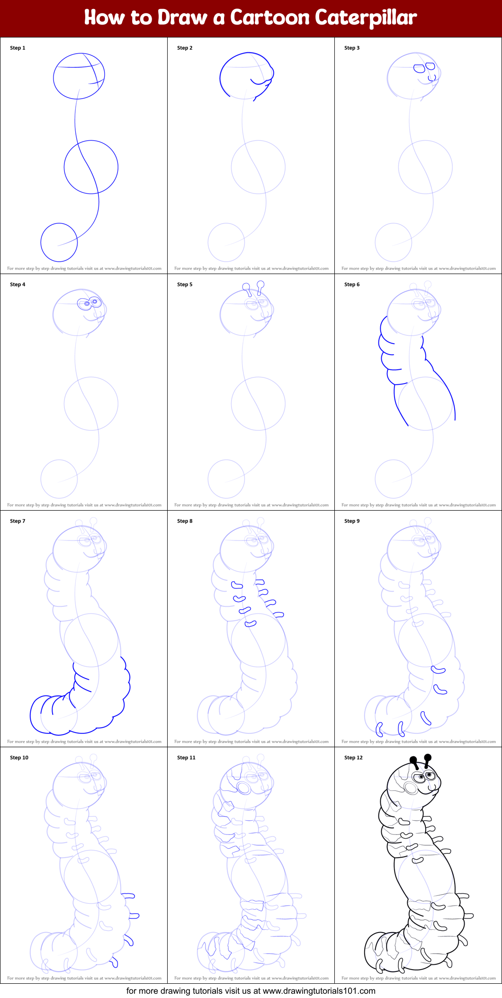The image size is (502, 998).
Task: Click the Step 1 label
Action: pyautogui.click(x=18, y=48)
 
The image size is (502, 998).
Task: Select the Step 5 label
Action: pyautogui.click(x=185, y=284)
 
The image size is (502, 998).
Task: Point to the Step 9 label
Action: pyautogui.click(x=352, y=521)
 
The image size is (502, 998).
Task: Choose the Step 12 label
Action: pyautogui.click(x=353, y=758)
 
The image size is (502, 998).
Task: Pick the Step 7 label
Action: pyautogui.click(x=18, y=521)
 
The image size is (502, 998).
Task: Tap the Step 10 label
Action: pyautogui.click(x=19, y=758)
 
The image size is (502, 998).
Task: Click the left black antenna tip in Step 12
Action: pyautogui.click(x=413, y=760)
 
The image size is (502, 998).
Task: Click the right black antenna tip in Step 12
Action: pyautogui.click(x=428, y=757)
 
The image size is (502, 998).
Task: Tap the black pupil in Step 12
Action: pyautogui.click(x=430, y=775)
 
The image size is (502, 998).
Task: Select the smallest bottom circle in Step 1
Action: pyautogui.click(x=59, y=242)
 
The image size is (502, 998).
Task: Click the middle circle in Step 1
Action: pyautogui.click(x=91, y=167)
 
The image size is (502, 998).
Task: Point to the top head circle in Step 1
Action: pyautogui.click(x=79, y=76)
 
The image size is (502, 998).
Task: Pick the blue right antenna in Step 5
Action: pyautogui.click(x=260, y=286)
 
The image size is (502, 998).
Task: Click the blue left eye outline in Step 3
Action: pyautogui.click(x=419, y=68)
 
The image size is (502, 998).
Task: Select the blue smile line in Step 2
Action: pyautogui.click(x=258, y=82)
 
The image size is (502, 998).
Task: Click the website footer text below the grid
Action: pyautogui.click(x=251, y=990)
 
